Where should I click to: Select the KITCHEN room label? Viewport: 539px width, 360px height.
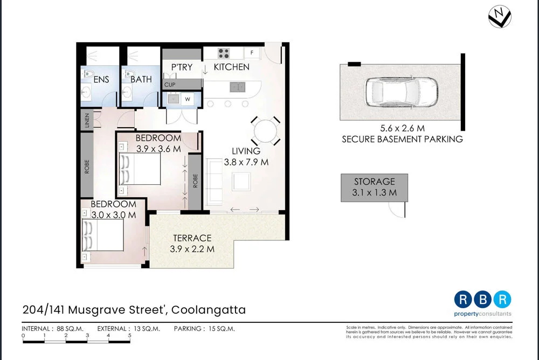point(232,67)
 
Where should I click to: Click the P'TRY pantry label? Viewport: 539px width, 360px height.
point(182,67)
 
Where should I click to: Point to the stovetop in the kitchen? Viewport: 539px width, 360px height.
point(224,53)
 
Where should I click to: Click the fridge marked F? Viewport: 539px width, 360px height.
point(252,53)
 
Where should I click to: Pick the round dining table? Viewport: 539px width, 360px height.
point(265,131)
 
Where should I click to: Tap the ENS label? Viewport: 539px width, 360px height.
point(101,79)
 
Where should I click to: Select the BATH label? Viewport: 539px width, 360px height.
point(141,79)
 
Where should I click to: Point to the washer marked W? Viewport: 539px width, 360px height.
point(188,99)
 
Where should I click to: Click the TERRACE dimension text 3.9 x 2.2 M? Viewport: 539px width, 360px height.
point(192,249)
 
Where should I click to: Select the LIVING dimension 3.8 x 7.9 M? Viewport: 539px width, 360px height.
point(246,162)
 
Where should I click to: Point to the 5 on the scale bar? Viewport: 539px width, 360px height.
point(129,335)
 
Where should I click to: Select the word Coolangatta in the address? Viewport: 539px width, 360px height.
point(210,310)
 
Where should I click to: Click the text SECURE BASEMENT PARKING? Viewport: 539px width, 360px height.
point(402,139)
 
